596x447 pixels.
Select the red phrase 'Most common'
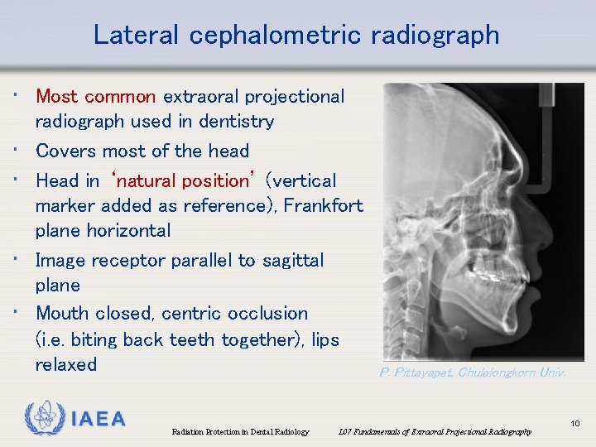pyautogui.click(x=96, y=96)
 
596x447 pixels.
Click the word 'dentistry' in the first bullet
pyautogui.click(x=234, y=122)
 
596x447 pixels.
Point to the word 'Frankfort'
pyautogui.click(x=323, y=205)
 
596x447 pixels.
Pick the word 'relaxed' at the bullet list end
pyautogui.click(x=66, y=364)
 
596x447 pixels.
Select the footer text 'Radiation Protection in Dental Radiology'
pyautogui.click(x=240, y=432)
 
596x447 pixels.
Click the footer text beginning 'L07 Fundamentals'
pyautogui.click(x=434, y=432)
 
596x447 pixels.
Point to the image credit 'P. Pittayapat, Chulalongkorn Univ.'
pyautogui.click(x=473, y=373)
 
